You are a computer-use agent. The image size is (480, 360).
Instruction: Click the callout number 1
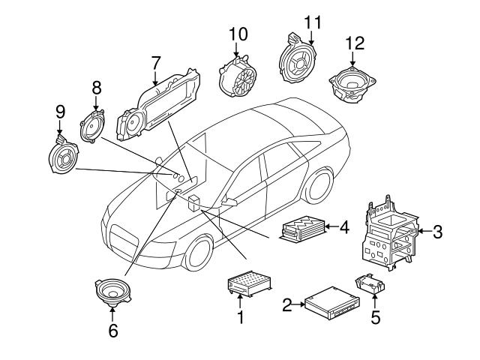(241, 317)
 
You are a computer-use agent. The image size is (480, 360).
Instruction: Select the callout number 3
(437, 232)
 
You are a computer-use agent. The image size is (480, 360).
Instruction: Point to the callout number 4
(344, 225)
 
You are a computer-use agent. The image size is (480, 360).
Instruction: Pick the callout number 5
(376, 316)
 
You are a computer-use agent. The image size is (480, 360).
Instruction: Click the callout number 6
(113, 329)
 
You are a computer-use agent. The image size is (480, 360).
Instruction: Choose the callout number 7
(156, 61)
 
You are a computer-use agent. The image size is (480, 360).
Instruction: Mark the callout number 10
(237, 34)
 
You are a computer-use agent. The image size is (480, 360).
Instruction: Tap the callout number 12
(355, 43)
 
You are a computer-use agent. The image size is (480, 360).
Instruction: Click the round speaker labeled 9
(63, 157)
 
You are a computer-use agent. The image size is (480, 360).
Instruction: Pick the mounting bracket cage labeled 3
(389, 233)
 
